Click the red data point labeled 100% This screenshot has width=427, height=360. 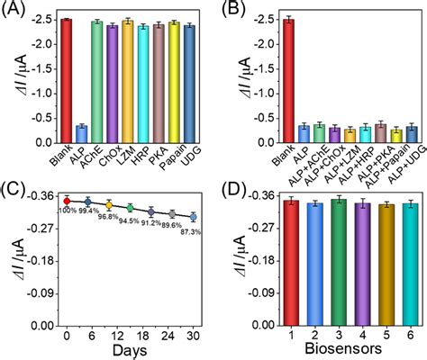[67, 201]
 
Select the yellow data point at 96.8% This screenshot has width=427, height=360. [109, 205]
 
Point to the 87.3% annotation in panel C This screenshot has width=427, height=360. [192, 232]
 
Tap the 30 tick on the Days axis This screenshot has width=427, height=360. [193, 333]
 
